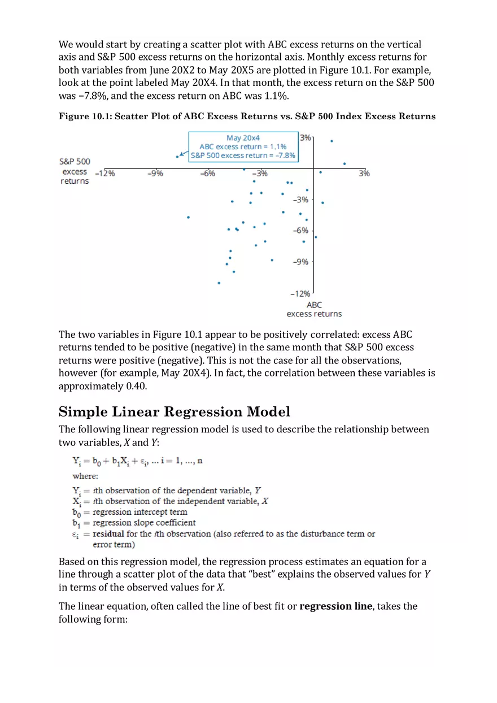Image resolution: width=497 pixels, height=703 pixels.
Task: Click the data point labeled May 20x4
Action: [x=177, y=157]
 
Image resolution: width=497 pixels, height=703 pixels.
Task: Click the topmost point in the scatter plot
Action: [x=332, y=141]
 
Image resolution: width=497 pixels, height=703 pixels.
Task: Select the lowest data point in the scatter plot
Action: [x=219, y=283]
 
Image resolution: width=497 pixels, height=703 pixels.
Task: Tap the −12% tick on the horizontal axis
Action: [x=105, y=173]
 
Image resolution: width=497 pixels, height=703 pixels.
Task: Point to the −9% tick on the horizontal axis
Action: [x=155, y=173]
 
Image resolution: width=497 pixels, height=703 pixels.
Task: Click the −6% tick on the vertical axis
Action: [x=300, y=231]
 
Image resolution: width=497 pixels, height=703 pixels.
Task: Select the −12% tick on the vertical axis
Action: [x=300, y=293]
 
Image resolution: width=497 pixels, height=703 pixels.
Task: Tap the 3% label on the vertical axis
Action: [x=305, y=137]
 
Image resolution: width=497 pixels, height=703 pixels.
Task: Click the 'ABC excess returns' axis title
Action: [x=314, y=309]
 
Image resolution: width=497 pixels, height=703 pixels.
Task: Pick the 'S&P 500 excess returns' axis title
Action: [x=75, y=171]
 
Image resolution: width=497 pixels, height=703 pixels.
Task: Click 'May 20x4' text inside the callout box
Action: [x=243, y=138]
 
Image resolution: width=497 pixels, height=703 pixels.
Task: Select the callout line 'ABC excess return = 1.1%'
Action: [x=243, y=146]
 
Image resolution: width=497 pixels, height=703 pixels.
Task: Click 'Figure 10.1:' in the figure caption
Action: [x=85, y=116]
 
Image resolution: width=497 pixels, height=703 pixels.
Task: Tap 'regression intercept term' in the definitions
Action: [x=139, y=512]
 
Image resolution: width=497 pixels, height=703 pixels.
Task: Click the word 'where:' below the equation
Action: [x=85, y=476]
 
